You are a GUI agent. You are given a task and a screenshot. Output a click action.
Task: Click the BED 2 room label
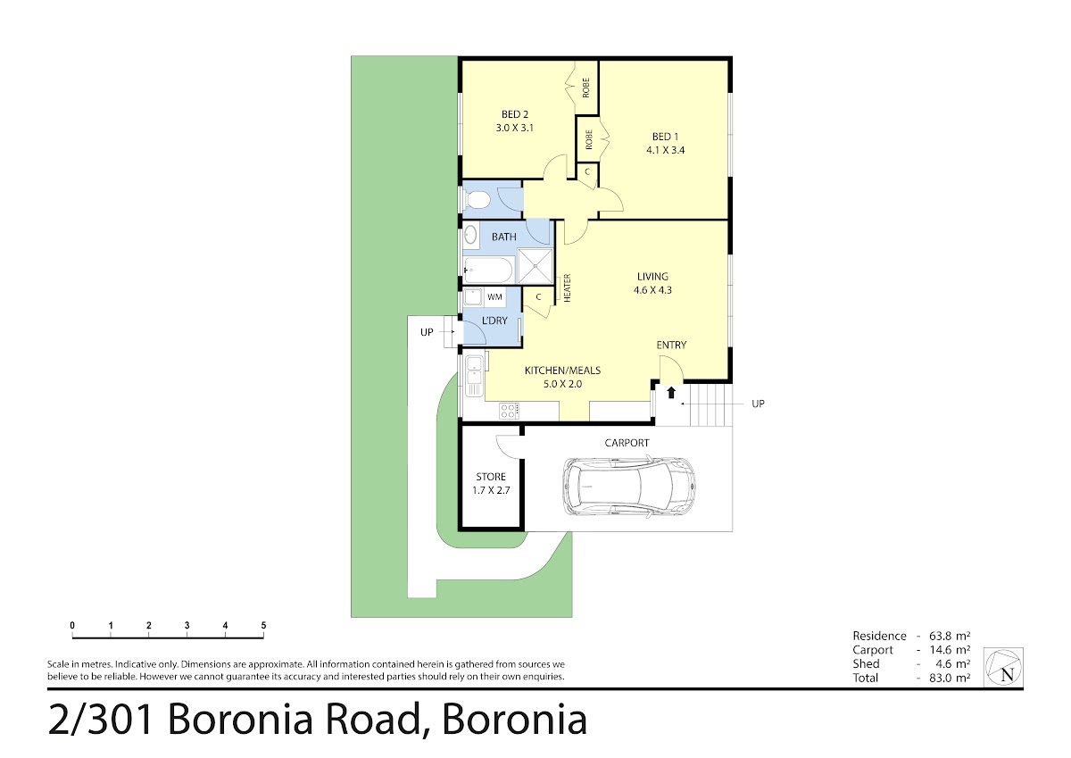514,115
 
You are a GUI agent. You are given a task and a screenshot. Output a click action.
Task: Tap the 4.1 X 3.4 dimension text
665,150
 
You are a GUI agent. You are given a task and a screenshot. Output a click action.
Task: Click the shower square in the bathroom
535,266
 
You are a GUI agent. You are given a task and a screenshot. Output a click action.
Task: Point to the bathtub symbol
488,271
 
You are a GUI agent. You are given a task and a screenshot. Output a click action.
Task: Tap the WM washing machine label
494,297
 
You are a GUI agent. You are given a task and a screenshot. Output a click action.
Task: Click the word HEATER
568,287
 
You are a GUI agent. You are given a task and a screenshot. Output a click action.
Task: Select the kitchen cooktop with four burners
509,412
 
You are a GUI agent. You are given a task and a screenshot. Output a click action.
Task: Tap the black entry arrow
671,393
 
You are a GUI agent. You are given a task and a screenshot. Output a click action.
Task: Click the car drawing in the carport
628,487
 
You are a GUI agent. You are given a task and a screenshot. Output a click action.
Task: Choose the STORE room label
491,477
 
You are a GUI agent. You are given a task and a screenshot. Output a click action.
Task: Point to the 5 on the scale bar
263,626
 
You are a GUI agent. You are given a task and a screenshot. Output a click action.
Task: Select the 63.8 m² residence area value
950,636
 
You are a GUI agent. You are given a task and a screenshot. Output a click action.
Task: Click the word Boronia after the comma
514,720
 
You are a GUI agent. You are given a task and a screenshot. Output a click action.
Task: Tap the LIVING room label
652,277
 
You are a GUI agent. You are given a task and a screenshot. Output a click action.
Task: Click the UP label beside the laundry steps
427,332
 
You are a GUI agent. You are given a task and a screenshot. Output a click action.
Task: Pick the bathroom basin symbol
470,236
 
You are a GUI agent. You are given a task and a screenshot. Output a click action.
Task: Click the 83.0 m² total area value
950,678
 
